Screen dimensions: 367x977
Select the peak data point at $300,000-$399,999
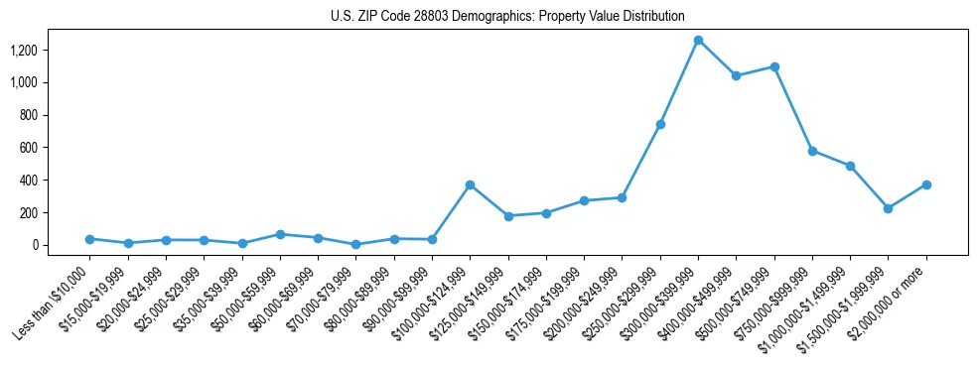(698, 40)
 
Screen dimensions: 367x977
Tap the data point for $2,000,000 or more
(925, 184)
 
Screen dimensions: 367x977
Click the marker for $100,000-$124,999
(470, 184)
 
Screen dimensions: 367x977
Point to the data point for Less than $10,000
(89, 239)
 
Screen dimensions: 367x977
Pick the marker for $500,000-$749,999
(773, 66)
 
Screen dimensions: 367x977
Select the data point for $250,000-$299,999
(660, 124)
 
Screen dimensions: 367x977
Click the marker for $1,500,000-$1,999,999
(888, 208)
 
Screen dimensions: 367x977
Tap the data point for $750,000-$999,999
(812, 151)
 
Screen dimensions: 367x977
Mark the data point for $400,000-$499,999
(736, 75)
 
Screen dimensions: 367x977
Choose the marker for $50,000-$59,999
(280, 234)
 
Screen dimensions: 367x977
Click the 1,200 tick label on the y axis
(36, 50)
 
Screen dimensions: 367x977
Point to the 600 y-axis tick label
(41, 148)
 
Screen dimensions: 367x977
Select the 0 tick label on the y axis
(48, 245)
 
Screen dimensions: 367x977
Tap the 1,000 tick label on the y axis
(36, 82)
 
